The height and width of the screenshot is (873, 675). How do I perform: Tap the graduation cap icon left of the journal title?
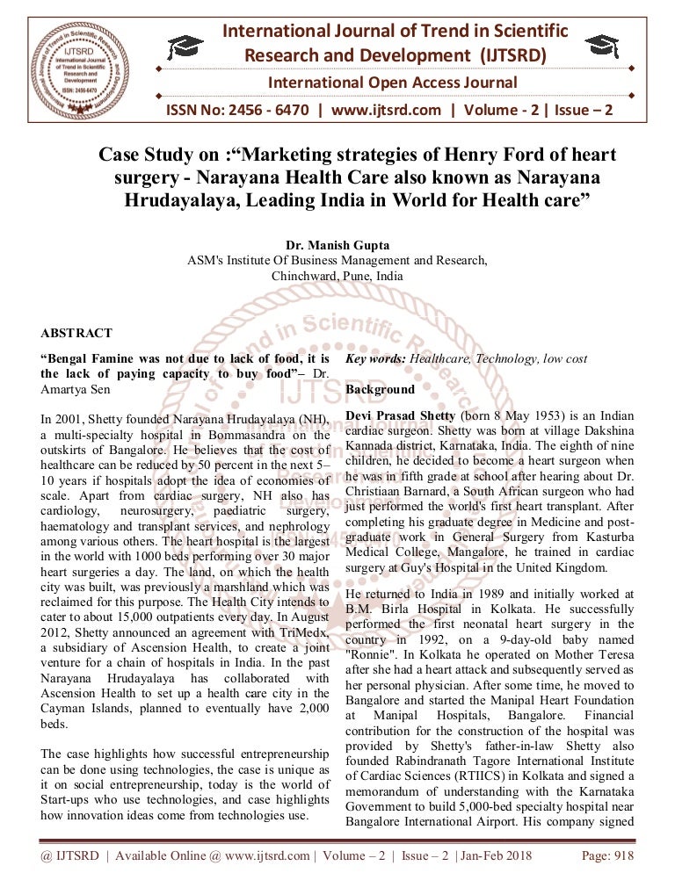tap(187, 47)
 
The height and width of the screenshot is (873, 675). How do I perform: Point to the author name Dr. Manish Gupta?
tap(337, 245)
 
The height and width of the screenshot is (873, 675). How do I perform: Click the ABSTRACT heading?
tap(76, 334)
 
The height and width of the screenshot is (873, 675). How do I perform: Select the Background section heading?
tap(380, 389)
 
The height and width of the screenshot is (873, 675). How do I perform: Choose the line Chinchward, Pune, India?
tap(337, 275)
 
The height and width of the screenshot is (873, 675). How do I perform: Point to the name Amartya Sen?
tap(76, 388)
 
